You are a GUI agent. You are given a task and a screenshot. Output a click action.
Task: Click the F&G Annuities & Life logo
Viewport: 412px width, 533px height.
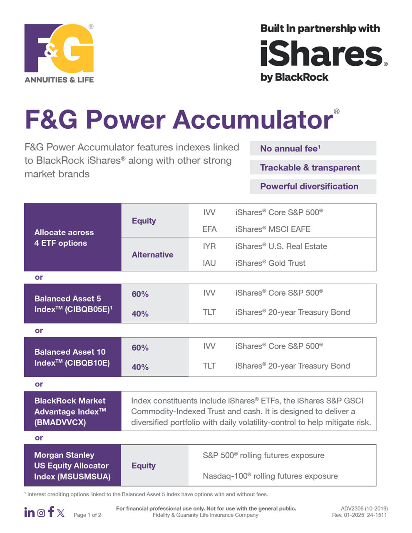(x=59, y=53)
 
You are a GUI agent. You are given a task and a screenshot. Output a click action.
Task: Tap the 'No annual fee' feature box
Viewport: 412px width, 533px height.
(x=313, y=148)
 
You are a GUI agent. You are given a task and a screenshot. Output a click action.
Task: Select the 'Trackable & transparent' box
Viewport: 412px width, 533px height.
(x=313, y=167)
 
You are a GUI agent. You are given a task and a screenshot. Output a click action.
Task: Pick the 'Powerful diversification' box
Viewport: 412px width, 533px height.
(x=313, y=187)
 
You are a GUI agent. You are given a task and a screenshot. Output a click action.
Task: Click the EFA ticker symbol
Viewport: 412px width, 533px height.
(x=209, y=229)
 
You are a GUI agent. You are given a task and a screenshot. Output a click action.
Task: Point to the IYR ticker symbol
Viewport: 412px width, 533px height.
(x=209, y=246)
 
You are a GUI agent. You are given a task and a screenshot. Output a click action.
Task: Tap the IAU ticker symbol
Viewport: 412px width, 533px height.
(x=209, y=263)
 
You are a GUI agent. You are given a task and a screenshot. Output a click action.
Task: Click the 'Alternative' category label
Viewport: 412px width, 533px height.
(x=152, y=254)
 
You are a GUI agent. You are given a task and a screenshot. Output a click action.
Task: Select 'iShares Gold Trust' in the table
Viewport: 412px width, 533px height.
(x=271, y=263)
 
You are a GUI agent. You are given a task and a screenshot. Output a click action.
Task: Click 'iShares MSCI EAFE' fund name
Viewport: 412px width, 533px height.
(x=273, y=229)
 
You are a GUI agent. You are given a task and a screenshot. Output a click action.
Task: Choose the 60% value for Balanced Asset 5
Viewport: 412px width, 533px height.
(x=140, y=294)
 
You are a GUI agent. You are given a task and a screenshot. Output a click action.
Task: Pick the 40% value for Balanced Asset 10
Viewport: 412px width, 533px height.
(x=140, y=367)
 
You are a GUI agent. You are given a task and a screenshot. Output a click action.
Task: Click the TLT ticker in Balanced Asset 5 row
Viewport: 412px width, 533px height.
(x=209, y=312)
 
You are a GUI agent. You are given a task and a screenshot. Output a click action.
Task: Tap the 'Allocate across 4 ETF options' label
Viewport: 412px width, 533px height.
(x=64, y=238)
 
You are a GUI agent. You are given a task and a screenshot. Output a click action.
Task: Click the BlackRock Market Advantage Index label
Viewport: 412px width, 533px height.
(x=70, y=411)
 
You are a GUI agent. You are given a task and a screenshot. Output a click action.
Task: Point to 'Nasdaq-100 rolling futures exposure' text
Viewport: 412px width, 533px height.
(x=270, y=476)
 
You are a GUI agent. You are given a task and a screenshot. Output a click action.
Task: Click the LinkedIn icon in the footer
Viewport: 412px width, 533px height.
(x=30, y=513)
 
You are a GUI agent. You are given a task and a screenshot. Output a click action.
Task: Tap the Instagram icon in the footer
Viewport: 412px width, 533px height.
(x=41, y=513)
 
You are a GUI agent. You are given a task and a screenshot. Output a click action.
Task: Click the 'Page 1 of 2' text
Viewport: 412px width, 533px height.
(x=87, y=515)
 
